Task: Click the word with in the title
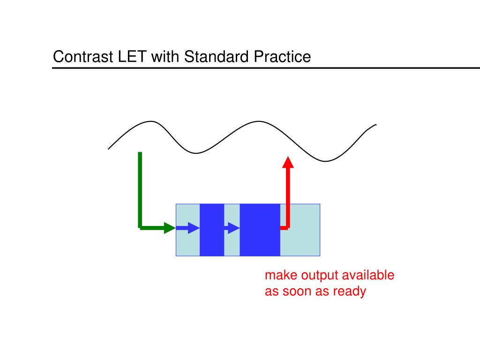(x=165, y=57)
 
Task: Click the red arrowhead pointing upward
(x=288, y=162)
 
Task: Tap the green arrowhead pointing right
(x=170, y=228)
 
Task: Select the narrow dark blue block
(x=212, y=230)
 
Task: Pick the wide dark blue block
(x=260, y=230)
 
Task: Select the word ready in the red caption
(x=349, y=291)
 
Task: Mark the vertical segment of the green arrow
(x=140, y=187)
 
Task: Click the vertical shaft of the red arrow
(x=288, y=197)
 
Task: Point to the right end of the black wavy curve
(x=375, y=125)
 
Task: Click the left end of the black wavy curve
(x=109, y=148)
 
